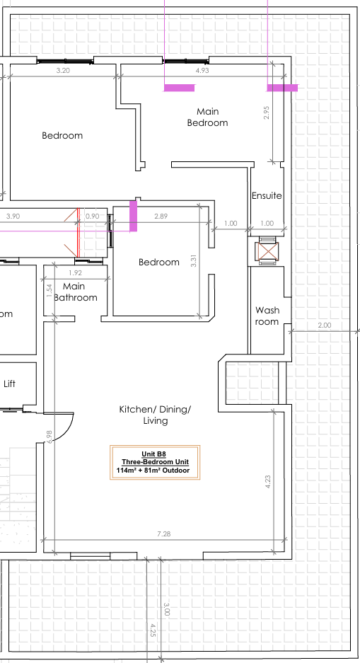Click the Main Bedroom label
point(207,117)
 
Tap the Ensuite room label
point(267,196)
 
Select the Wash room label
point(267,316)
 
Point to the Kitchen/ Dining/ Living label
point(155,415)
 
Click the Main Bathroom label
point(75,292)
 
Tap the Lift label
point(9,384)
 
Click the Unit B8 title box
point(155,463)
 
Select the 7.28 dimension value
point(163,534)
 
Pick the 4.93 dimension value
point(202,71)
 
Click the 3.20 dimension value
point(63,71)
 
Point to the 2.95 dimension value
point(266,112)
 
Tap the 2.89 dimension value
point(161,216)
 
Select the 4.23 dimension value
point(267,482)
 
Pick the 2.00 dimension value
point(325,325)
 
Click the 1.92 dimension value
point(75,273)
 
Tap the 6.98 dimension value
point(50,437)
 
